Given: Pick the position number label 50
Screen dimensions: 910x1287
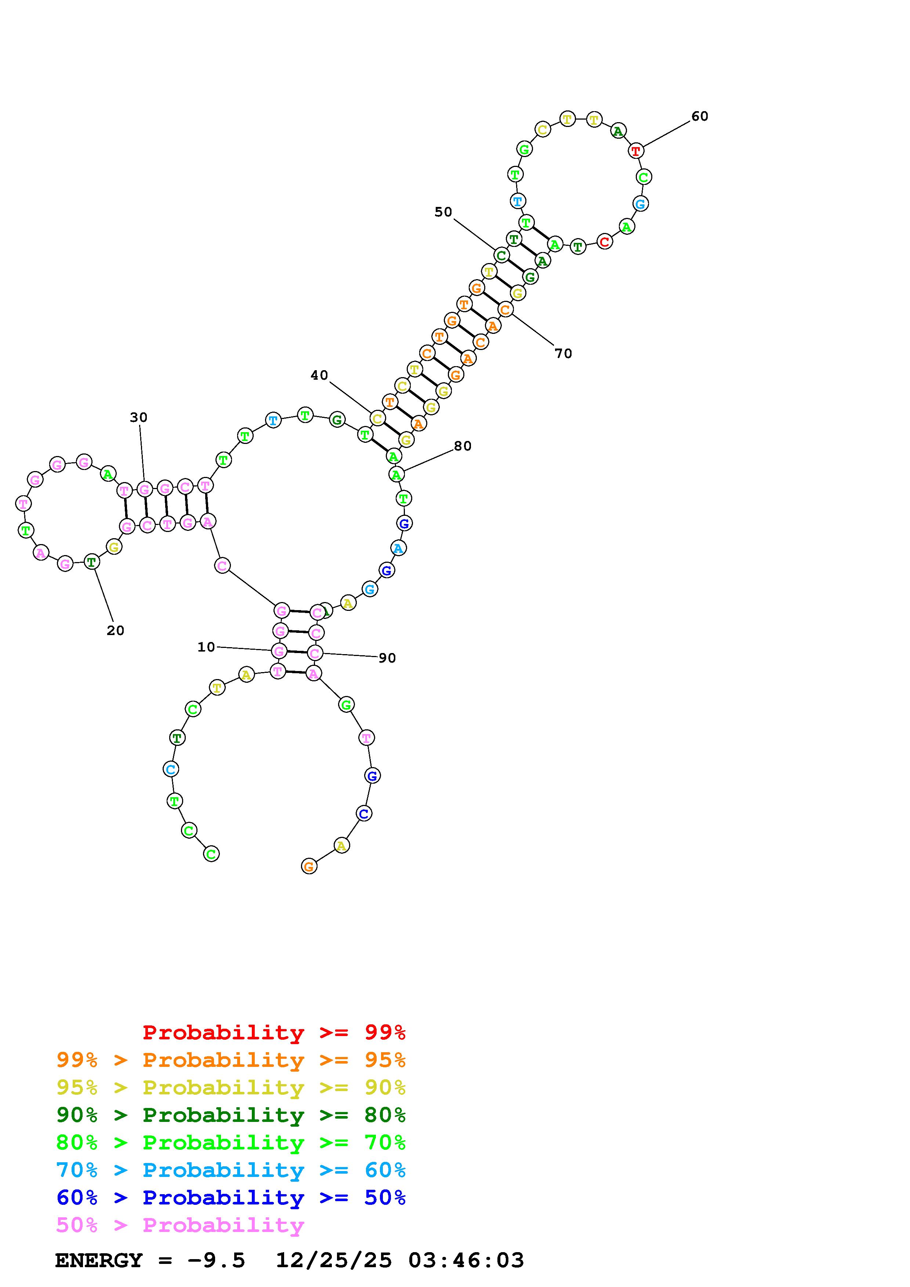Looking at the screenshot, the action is [443, 212].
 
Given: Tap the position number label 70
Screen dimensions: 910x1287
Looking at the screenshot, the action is [563, 353].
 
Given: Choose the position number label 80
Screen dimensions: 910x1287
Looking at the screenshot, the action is [462, 446].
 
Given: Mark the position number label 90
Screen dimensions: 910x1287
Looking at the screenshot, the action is [387, 658].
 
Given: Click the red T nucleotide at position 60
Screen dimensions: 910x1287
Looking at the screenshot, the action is [635, 151].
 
